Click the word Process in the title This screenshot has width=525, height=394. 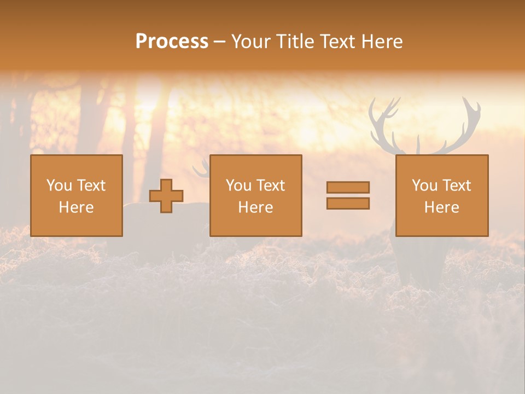[172, 41]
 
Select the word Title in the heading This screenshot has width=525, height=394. [294, 41]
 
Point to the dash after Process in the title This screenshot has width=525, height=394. [219, 42]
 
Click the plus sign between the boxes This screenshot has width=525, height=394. [166, 196]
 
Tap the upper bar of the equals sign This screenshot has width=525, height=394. [348, 187]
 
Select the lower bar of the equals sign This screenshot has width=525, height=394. [348, 203]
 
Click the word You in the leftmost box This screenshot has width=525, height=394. [59, 186]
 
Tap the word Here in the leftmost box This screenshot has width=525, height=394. [76, 207]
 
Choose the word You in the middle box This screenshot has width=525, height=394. [238, 186]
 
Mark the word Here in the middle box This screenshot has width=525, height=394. [255, 207]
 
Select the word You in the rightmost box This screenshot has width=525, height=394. [424, 186]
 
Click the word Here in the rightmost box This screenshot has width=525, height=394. [441, 207]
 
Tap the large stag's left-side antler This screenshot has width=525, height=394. [386, 123]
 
